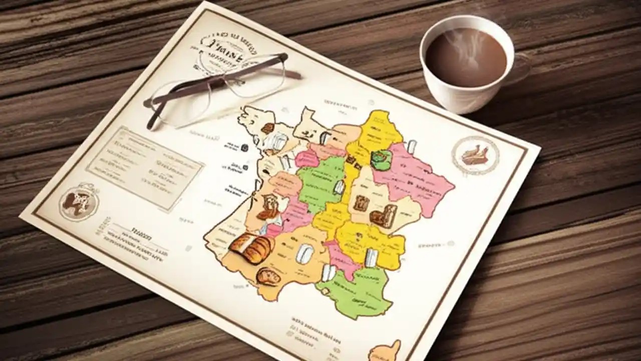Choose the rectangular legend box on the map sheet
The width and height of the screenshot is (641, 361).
pos(145,167)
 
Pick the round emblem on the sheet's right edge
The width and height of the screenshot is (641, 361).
pos(475,155)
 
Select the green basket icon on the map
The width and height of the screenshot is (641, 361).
pos(381,159)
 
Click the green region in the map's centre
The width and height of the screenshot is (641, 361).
pos(320,180)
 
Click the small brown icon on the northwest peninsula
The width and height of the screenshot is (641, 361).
pos(268,128)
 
